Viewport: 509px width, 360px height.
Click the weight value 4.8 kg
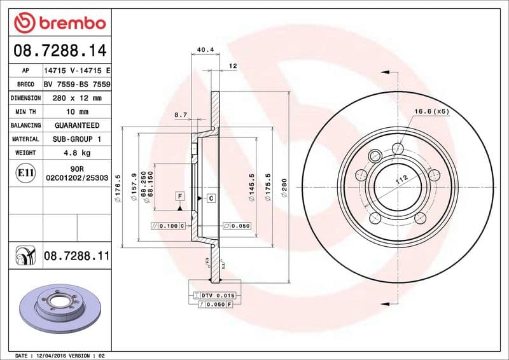point(76,153)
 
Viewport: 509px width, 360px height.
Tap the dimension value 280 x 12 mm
point(76,98)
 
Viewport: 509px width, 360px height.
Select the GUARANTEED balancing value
point(76,125)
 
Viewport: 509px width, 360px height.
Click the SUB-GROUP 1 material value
point(76,139)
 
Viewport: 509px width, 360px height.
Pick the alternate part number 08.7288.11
point(76,256)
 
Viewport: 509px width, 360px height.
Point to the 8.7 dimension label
point(180,115)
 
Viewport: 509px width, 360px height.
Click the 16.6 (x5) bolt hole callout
point(431,111)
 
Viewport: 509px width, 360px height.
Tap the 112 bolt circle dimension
point(401,180)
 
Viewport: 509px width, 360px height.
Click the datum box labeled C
point(211,198)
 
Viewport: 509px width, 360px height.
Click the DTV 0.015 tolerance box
point(217,296)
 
